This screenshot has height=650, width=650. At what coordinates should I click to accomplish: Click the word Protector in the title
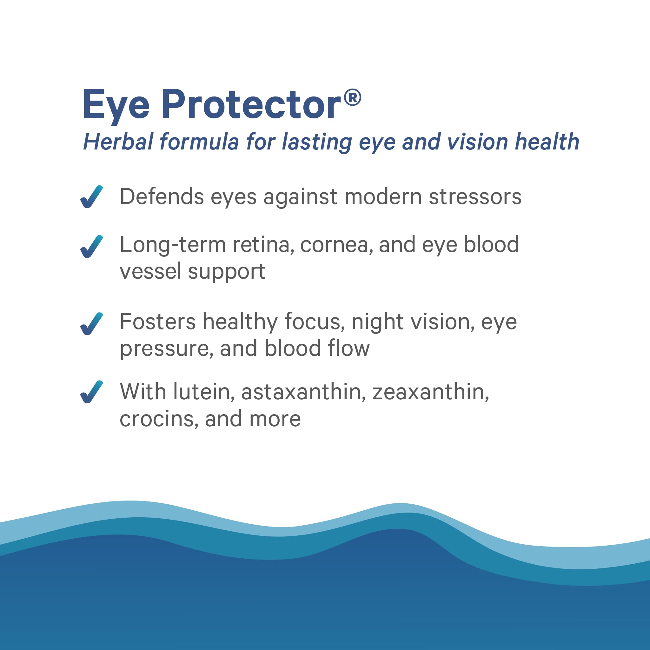(251, 105)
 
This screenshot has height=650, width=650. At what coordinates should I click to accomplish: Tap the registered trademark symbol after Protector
(353, 97)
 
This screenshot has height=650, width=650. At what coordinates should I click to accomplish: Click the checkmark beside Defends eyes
(91, 197)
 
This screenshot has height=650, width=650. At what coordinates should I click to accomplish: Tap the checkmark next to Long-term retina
(91, 247)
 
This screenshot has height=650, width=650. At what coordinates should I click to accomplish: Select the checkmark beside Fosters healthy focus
(91, 324)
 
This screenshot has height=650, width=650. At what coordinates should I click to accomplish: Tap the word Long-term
(173, 245)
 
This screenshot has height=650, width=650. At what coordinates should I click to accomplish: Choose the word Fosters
(157, 322)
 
